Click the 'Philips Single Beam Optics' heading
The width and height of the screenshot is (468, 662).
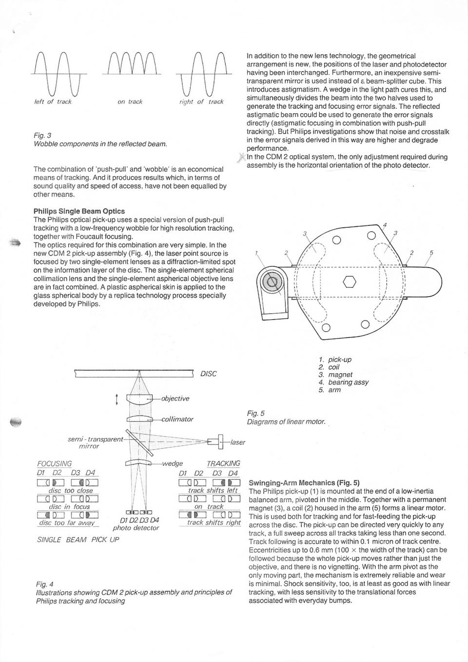[x=79, y=211]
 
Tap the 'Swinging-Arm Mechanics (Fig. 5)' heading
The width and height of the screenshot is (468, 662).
[x=304, y=482]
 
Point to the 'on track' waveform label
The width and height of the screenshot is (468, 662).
[x=130, y=101]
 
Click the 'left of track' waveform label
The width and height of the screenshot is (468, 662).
[x=53, y=101]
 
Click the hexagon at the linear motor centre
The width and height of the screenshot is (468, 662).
[x=349, y=281]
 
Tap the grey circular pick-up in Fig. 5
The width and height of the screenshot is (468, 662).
[x=272, y=281]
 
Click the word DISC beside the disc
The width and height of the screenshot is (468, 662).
[x=208, y=374]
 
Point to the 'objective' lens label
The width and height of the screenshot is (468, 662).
[x=175, y=398]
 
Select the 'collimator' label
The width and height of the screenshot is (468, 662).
[x=177, y=419]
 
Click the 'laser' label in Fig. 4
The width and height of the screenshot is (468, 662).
[x=237, y=442]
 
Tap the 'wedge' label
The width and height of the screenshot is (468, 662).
[x=172, y=463]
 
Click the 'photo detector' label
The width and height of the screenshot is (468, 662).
[x=136, y=528]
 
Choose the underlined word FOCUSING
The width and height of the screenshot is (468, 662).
[x=54, y=463]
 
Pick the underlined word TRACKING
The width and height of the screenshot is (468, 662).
[x=223, y=463]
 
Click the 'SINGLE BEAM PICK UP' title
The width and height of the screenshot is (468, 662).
[x=78, y=540]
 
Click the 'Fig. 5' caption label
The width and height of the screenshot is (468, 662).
[x=255, y=413]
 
